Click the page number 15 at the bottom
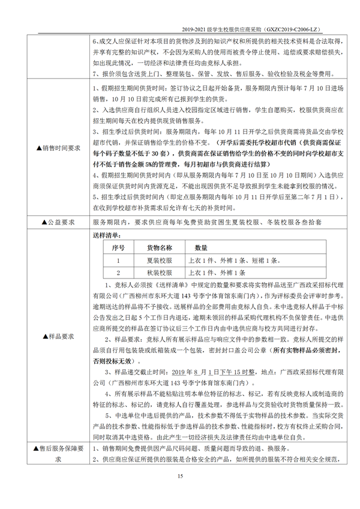pyautogui.click(x=179, y=476)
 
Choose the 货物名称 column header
pyautogui.click(x=160, y=247)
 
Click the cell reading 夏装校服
pyautogui.click(x=160, y=260)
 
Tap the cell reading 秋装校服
pyautogui.click(x=160, y=273)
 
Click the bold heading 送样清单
pyautogui.click(x=107, y=235)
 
